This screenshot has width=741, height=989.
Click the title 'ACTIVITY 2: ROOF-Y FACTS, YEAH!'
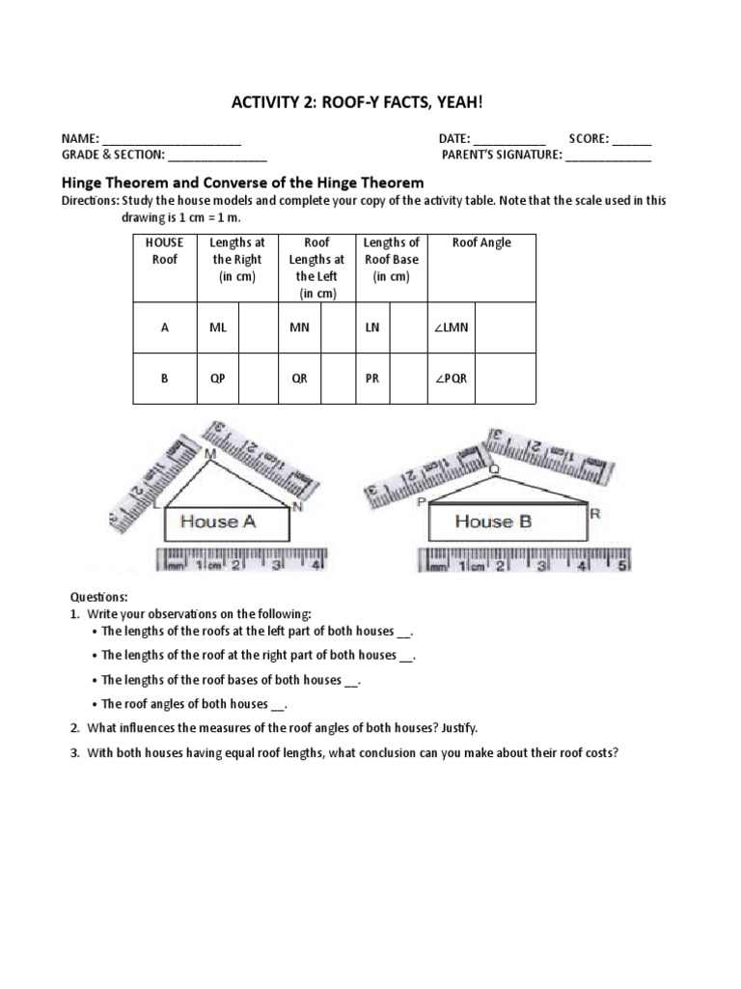point(370,104)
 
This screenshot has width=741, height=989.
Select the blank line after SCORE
point(631,140)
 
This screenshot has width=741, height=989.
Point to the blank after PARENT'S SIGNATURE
point(608,155)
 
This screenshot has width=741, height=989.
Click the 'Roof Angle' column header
point(481,243)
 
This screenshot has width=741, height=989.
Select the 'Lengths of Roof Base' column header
point(391,260)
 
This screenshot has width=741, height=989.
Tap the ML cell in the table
point(218,327)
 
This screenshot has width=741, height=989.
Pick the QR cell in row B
point(300,379)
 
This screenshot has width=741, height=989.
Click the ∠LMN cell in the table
point(451,327)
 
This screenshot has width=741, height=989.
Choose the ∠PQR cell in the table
point(451,379)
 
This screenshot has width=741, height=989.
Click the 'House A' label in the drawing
point(218,522)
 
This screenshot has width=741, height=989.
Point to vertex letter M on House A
point(209,453)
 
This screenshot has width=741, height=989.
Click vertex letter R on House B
point(595,514)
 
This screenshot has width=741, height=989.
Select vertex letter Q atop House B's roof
point(495,469)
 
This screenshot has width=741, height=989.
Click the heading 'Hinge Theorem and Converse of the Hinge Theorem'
point(242,182)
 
